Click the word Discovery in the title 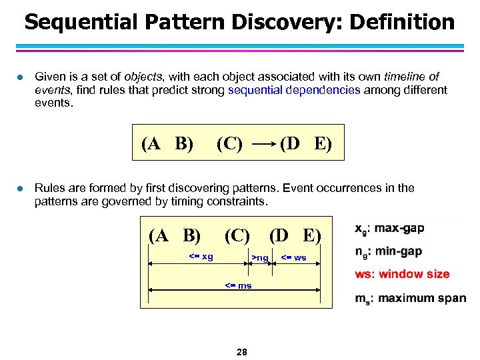[x=279, y=22]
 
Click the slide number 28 [x=241, y=351]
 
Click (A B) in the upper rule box [x=167, y=143]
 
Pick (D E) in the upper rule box [x=306, y=143]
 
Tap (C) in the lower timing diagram [x=237, y=235]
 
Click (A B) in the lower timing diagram [x=175, y=235]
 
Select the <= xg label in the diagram [x=201, y=257]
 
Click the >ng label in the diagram [x=260, y=257]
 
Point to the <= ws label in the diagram [x=293, y=257]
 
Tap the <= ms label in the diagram [x=238, y=285]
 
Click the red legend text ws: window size [x=402, y=274]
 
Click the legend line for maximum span [x=410, y=298]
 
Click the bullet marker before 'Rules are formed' [x=19, y=188]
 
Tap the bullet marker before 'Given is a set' [x=19, y=77]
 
